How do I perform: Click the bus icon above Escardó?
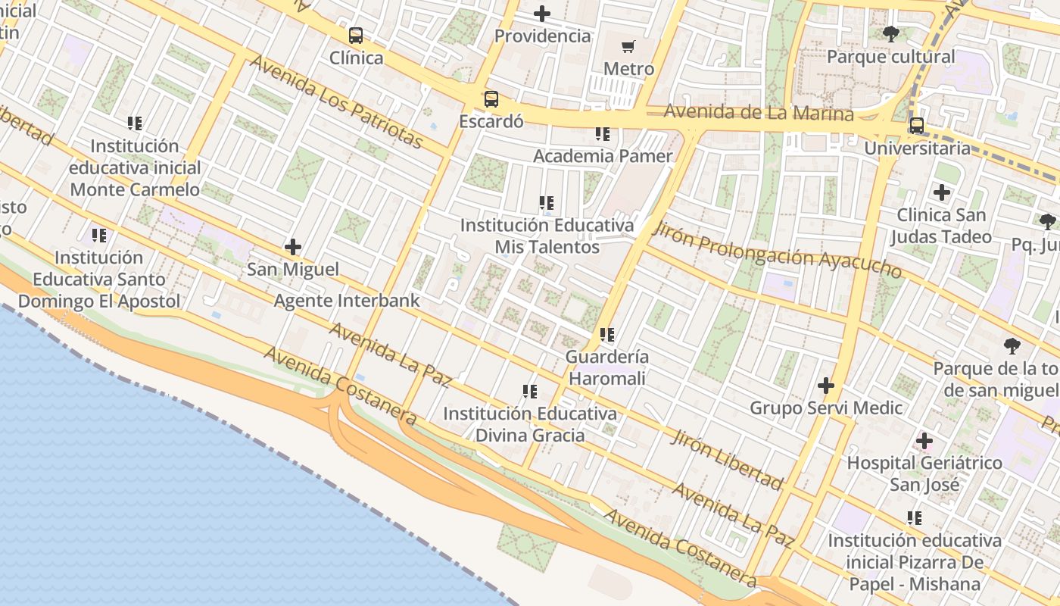click(491, 99)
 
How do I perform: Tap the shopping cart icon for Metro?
click(628, 48)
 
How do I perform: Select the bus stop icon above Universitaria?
click(917, 126)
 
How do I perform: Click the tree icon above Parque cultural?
click(891, 34)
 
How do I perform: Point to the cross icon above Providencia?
click(542, 14)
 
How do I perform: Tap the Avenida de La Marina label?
click(759, 113)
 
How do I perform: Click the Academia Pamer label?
click(603, 156)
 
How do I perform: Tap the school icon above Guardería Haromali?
click(606, 334)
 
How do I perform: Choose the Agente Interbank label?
click(347, 301)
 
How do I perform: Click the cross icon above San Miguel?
click(293, 247)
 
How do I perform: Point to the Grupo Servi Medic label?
click(826, 408)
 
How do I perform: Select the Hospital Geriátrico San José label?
click(924, 473)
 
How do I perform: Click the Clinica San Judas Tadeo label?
click(941, 226)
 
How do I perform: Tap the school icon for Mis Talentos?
click(547, 203)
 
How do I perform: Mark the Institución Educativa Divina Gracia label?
click(530, 424)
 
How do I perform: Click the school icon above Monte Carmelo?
click(135, 123)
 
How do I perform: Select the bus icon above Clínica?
click(356, 36)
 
